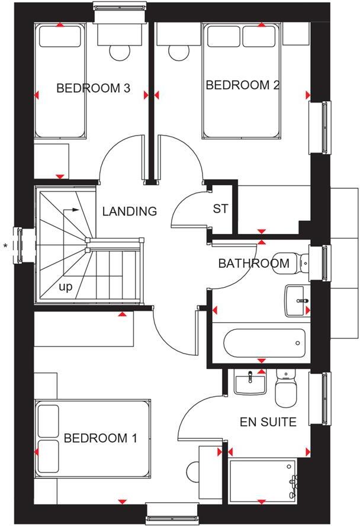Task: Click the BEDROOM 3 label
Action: tap(93, 89)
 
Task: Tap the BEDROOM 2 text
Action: tap(242, 85)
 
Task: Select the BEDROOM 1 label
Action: tap(100, 438)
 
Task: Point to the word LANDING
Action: tap(129, 211)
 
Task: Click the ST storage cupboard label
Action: tap(220, 209)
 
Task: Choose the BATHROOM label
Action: tap(253, 263)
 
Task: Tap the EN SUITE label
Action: tap(268, 422)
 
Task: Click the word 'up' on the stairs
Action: tap(65, 287)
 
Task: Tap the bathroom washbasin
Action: tap(297, 301)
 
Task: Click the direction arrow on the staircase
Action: tap(71, 210)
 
